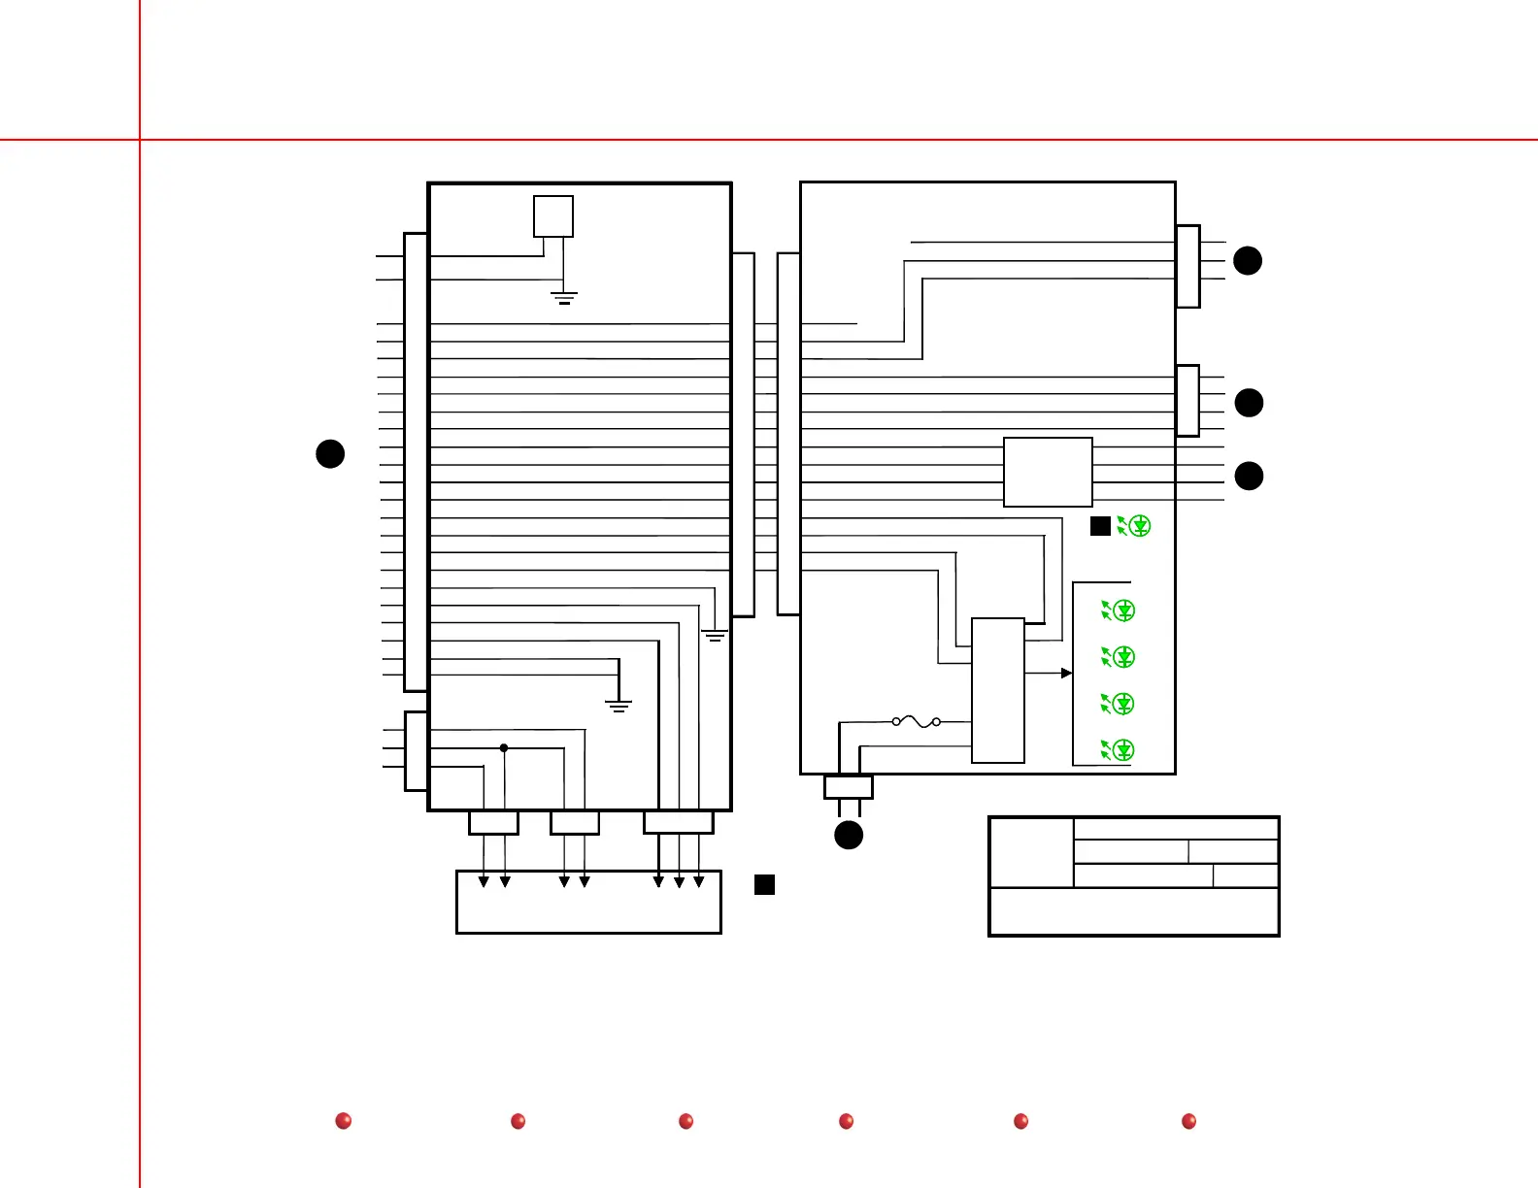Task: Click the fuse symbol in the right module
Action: coord(916,721)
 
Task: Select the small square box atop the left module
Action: coord(553,216)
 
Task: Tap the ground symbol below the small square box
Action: coord(564,297)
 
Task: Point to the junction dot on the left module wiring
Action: coord(504,747)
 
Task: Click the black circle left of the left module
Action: coord(330,453)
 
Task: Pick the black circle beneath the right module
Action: coord(849,835)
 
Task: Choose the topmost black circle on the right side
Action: coord(1248,260)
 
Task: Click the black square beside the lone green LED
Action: coord(1100,526)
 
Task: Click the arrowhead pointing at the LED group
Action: coord(1066,673)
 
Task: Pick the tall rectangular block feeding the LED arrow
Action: coord(998,690)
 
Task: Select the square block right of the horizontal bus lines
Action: coord(1048,472)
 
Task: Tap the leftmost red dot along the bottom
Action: coord(343,1121)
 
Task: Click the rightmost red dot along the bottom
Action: coord(1188,1121)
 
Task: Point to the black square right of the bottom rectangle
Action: coord(765,884)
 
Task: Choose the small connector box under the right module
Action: coord(849,786)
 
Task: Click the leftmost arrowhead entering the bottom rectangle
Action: coord(484,881)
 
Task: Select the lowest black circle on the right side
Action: coord(1249,476)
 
